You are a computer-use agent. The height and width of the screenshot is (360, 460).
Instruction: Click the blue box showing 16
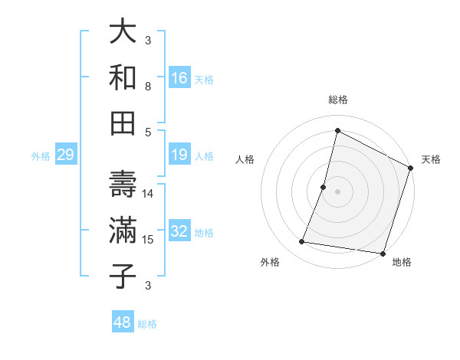pyautogui.click(x=179, y=78)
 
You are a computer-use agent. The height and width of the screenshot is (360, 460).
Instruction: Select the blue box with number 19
pyautogui.click(x=179, y=155)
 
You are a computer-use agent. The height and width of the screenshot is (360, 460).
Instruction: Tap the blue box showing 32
pyautogui.click(x=179, y=232)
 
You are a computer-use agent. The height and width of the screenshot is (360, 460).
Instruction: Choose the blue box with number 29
pyautogui.click(x=65, y=155)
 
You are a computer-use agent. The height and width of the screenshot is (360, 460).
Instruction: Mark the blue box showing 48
pyautogui.click(x=123, y=322)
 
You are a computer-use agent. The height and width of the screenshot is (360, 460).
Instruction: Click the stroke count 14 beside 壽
pyautogui.click(x=149, y=194)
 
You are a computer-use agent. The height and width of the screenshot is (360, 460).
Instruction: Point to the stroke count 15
pyautogui.click(x=149, y=240)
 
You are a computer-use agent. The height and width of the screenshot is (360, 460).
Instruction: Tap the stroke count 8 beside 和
pyautogui.click(x=148, y=87)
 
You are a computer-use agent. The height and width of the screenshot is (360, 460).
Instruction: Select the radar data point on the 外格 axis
pyautogui.click(x=302, y=242)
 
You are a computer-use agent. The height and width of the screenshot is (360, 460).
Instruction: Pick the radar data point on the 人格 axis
pyautogui.click(x=324, y=187)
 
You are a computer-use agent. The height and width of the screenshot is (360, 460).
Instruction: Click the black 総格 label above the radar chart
pyautogui.click(x=337, y=100)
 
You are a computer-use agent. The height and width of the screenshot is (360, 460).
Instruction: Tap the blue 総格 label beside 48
pyautogui.click(x=147, y=324)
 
